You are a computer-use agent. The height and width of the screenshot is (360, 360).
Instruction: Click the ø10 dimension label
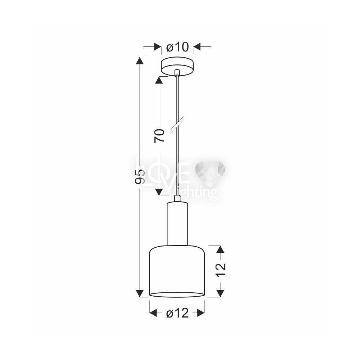pyautogui.click(x=177, y=47)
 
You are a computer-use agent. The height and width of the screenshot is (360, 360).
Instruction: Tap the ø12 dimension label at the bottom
pyautogui.click(x=177, y=313)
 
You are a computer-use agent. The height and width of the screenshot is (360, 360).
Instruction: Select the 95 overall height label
pyautogui.click(x=140, y=177)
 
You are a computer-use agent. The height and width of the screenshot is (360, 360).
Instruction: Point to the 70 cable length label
pyautogui.click(x=159, y=136)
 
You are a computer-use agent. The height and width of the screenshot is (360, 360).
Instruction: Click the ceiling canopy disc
pyautogui.click(x=177, y=67)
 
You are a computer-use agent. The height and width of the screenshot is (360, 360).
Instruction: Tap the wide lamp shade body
pyautogui.click(x=177, y=271)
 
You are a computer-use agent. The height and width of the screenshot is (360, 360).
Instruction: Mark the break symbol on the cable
pyautogui.click(x=178, y=125)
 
